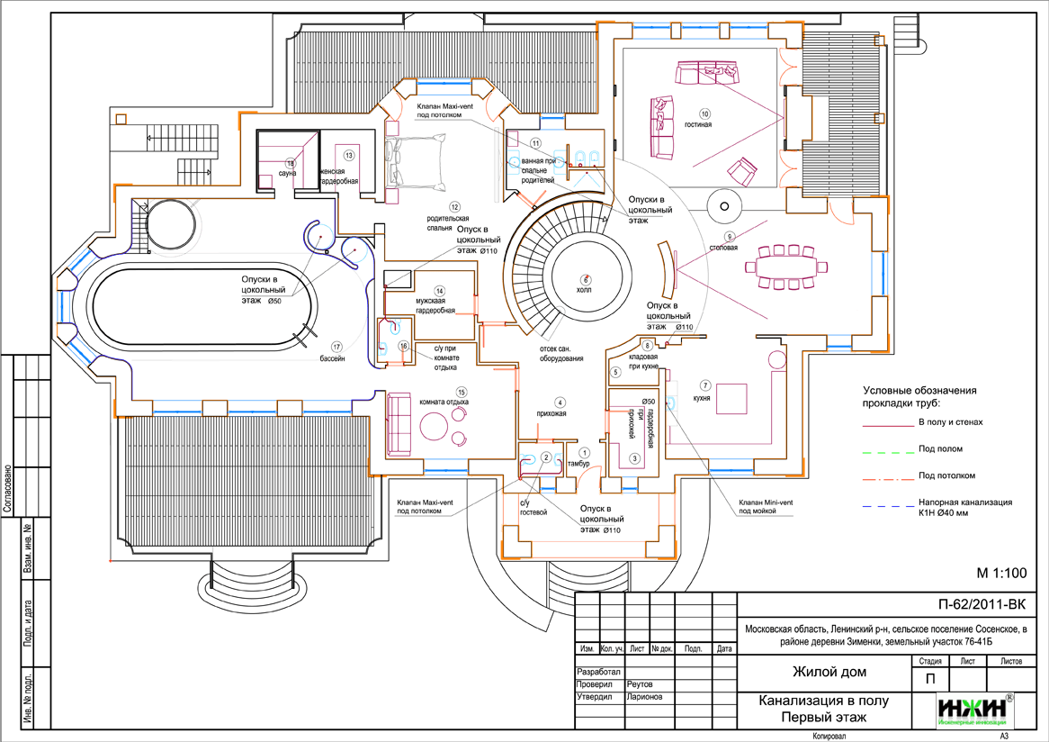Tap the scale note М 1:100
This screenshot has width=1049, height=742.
(1000, 573)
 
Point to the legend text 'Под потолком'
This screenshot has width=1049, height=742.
(947, 475)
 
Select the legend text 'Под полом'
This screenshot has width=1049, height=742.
(940, 448)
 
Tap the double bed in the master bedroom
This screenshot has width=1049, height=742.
(417, 162)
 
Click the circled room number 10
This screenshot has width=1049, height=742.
(704, 113)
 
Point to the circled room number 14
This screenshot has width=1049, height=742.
(439, 290)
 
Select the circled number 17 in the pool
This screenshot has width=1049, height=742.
(335, 345)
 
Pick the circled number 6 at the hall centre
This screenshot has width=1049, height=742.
(585, 278)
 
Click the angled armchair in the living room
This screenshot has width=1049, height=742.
(742, 170)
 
